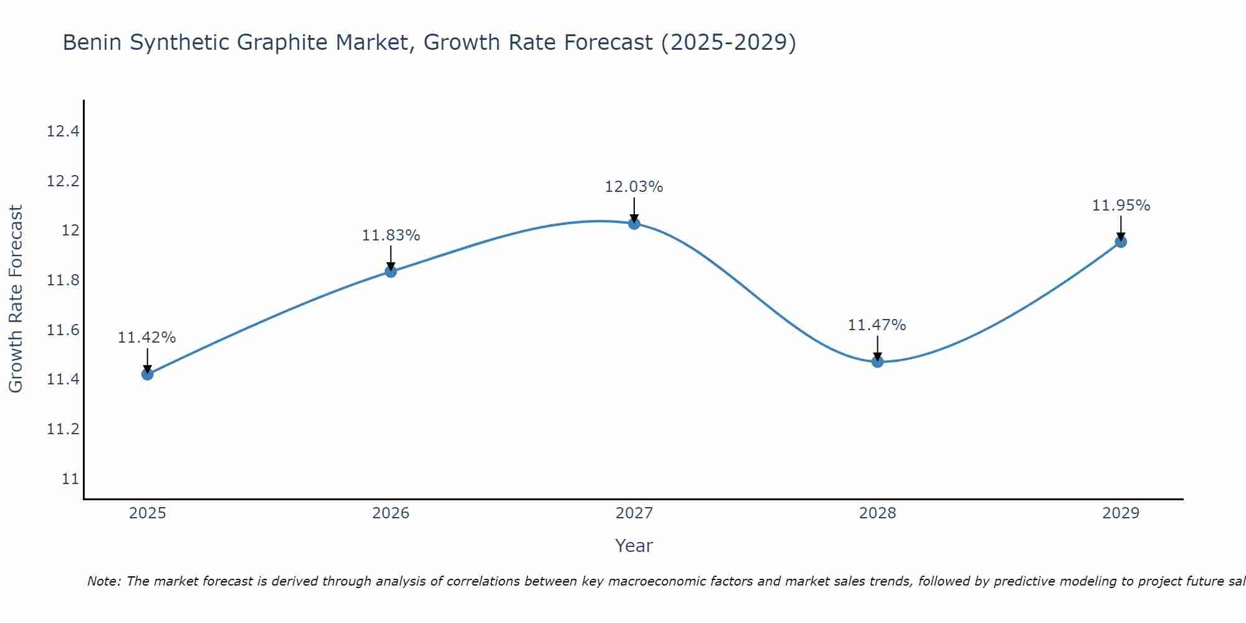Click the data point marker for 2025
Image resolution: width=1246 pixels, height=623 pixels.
pos(147,374)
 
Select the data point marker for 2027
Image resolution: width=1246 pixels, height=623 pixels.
pos(634,223)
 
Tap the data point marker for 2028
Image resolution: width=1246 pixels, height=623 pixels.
pos(877,361)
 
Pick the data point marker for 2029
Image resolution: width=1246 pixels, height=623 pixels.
pos(1121,242)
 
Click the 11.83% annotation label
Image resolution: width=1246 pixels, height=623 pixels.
pos(391,235)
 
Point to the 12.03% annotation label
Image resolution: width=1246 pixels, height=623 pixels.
pos(634,187)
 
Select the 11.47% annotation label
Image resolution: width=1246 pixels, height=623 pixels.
pos(877,325)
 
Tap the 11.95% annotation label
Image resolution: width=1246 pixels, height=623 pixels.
pos(1121,206)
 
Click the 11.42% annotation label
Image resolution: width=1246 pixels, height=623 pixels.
pos(147,338)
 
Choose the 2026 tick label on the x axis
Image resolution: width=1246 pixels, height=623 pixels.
pos(391,513)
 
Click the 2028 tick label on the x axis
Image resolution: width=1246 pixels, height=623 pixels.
pos(877,513)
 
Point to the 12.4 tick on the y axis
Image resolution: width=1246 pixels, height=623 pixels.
pos(63,131)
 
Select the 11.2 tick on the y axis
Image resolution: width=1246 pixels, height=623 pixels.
pos(63,429)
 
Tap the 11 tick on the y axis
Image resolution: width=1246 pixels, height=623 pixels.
pos(70,479)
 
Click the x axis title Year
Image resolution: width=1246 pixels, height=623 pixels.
pos(634,546)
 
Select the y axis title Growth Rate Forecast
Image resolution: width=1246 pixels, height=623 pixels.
pos(16,298)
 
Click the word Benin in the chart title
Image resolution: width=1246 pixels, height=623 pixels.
pos(93,43)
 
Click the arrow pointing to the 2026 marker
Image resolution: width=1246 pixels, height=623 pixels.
pos(391,258)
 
